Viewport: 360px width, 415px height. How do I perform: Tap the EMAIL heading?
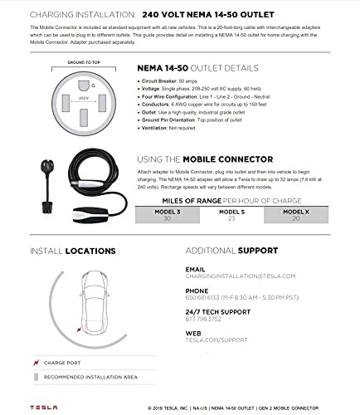(x=195, y=269)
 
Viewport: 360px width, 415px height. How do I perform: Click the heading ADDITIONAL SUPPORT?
(x=231, y=250)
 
